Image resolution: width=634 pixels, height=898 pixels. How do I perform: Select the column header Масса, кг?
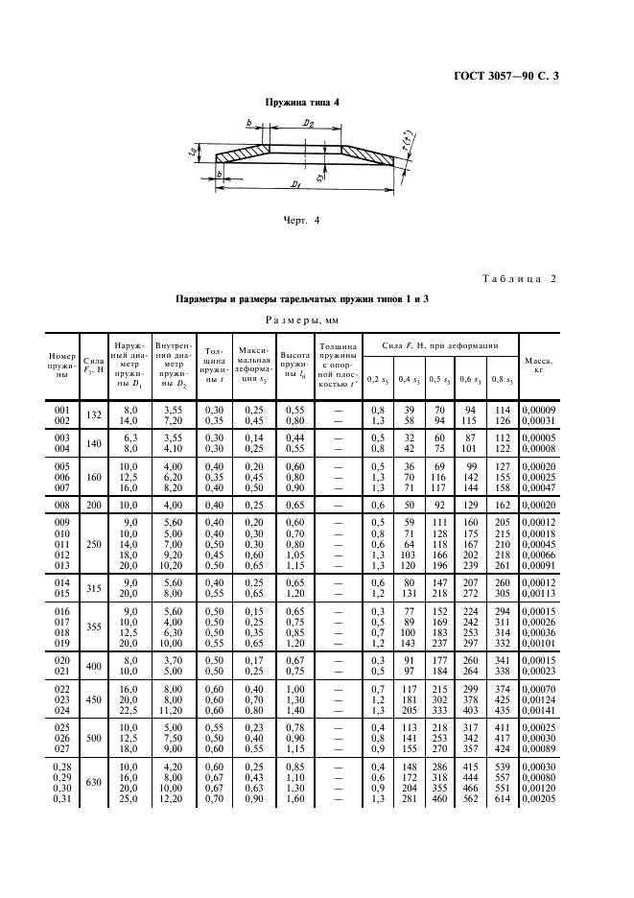[539, 365]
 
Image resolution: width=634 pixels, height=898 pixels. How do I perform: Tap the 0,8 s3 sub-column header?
[503, 380]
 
